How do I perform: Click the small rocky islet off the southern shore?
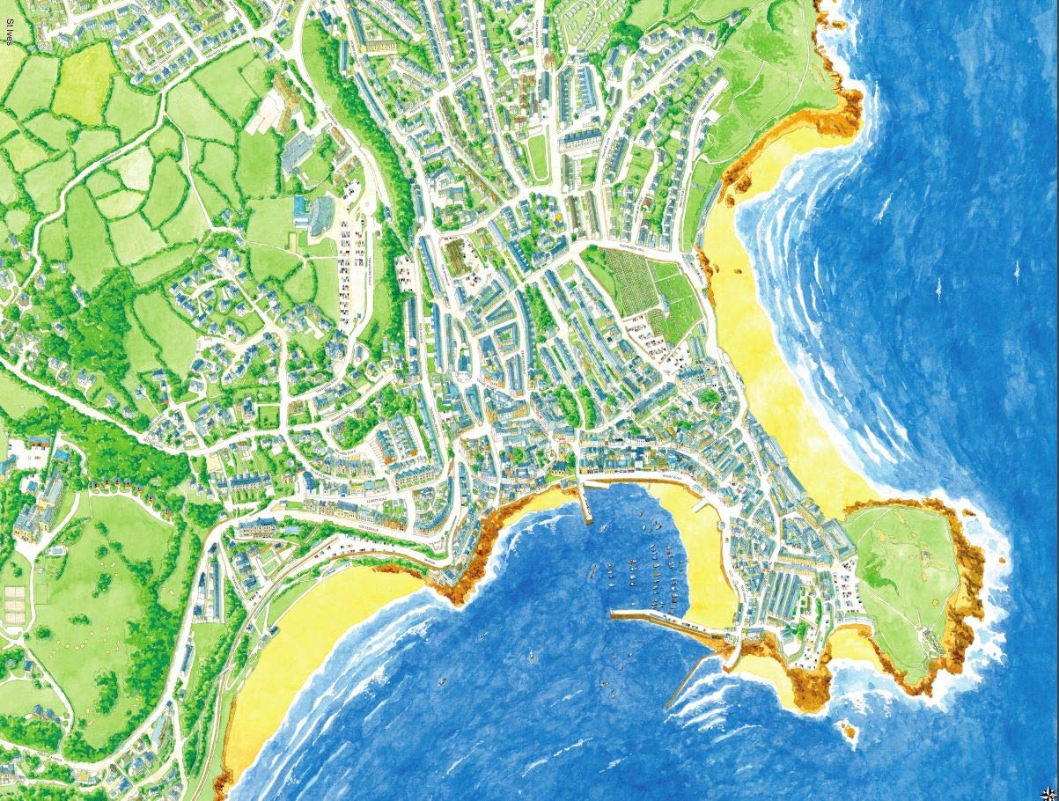[x=849, y=730]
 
